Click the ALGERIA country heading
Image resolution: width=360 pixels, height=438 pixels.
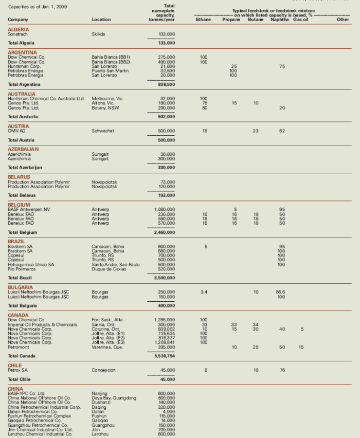(19, 30)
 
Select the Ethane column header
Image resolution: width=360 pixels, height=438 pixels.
(204, 20)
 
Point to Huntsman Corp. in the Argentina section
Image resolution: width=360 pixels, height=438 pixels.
(23, 66)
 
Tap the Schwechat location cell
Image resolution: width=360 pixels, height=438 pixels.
(103, 131)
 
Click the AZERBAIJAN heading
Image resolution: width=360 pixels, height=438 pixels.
(23, 149)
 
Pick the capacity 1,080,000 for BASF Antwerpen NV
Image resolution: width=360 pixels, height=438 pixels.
(165, 209)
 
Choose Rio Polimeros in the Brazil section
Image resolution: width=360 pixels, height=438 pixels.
(22, 269)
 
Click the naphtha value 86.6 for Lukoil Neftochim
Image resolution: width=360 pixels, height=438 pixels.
(281, 292)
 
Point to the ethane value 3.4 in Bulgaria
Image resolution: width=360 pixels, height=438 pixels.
(204, 292)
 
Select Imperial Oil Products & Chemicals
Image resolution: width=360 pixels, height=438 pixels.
(42, 324)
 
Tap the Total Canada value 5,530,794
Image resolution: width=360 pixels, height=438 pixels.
(165, 356)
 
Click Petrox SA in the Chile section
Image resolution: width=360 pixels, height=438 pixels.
(18, 370)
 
